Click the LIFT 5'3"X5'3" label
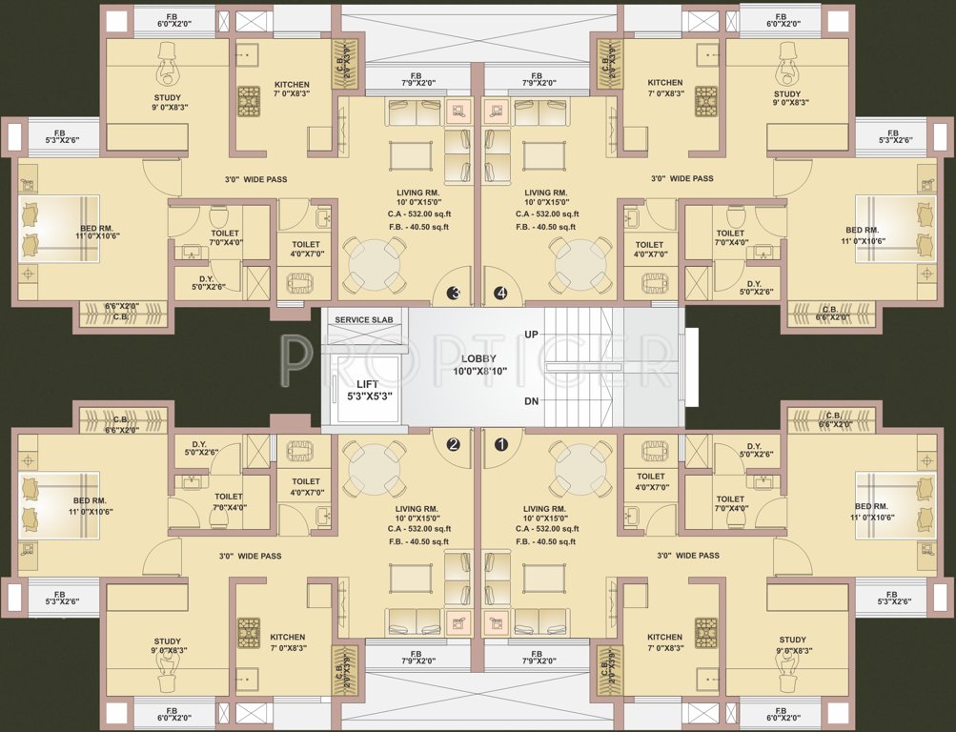368,390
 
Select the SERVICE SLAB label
363,318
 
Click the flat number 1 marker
501,442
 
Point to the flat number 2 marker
454,443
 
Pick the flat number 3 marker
455,294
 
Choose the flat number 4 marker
501,294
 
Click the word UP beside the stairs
532,335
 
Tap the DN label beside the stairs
532,401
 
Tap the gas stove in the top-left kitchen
249,99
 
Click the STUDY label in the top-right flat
787,94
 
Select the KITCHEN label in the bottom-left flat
287,638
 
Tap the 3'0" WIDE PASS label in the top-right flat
681,178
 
